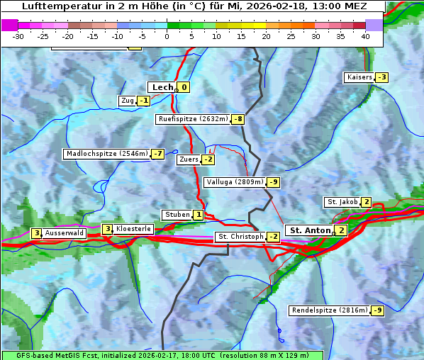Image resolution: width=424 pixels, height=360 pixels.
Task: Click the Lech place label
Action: [162, 87]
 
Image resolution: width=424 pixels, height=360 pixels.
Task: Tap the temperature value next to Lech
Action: [184, 87]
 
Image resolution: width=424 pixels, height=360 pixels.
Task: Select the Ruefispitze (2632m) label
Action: [193, 119]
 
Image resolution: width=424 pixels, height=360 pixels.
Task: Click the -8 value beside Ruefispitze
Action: [238, 119]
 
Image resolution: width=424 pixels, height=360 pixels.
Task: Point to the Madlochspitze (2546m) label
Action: [106, 154]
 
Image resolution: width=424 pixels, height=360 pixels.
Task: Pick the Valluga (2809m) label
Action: [235, 182]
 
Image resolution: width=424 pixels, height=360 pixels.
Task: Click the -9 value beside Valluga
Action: [274, 182]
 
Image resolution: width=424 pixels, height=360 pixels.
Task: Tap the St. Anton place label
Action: [310, 230]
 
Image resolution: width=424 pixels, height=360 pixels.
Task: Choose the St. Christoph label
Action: [240, 237]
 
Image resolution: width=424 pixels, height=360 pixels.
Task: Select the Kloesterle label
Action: [133, 229]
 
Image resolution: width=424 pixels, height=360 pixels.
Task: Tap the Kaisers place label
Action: [359, 77]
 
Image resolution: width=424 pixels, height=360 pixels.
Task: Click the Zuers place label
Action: [189, 159]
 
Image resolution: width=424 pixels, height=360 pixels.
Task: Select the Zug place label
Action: [128, 101]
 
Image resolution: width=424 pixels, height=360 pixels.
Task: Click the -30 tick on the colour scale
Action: [18, 35]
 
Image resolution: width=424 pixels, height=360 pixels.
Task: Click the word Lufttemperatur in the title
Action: [56, 6]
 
